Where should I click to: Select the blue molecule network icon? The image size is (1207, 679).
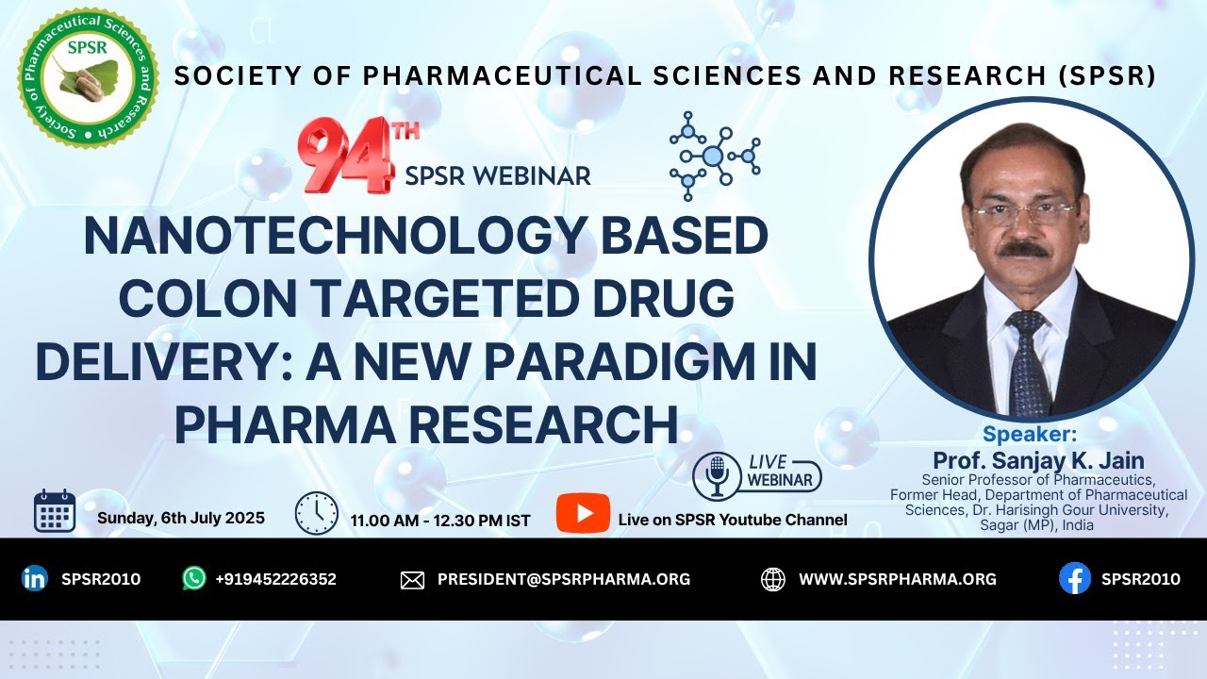(x=713, y=156)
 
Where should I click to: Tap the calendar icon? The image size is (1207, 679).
(x=55, y=512)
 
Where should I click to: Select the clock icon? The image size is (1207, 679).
(x=317, y=513)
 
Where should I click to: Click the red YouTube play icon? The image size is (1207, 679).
(x=576, y=513)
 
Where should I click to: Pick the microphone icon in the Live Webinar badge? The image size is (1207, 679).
(x=717, y=475)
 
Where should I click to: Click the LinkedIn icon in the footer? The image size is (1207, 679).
(x=35, y=579)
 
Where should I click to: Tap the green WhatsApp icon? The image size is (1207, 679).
(x=194, y=579)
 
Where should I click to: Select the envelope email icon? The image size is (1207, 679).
(x=412, y=580)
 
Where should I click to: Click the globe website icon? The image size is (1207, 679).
(x=772, y=579)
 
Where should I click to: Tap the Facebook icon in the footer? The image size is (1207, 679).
(x=1074, y=579)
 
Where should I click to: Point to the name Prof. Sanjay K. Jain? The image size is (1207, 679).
(x=1038, y=460)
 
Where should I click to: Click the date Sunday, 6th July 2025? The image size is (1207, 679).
(x=181, y=518)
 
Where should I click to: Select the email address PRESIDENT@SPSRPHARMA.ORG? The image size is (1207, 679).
(x=563, y=579)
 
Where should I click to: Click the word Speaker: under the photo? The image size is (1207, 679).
(x=1030, y=434)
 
